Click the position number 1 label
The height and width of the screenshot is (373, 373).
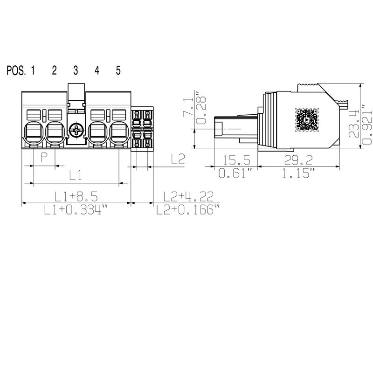click(x=33, y=70)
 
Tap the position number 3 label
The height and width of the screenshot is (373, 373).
click(x=76, y=70)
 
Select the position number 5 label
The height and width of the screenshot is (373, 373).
click(x=118, y=70)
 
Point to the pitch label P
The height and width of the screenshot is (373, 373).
click(x=44, y=157)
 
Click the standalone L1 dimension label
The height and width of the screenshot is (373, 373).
click(x=76, y=175)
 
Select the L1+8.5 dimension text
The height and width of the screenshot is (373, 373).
click(x=76, y=196)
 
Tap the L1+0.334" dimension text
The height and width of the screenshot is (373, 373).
click(x=76, y=210)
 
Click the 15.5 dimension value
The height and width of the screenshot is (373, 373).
click(x=236, y=161)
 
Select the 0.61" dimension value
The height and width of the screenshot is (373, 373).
click(x=236, y=174)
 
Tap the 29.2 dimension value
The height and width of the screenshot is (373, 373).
click(x=299, y=161)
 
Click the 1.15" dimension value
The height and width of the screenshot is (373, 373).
click(x=299, y=174)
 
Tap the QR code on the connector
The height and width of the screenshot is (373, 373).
click(x=307, y=119)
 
